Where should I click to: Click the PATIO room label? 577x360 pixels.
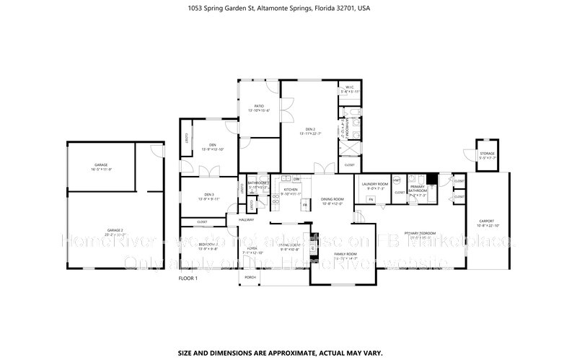(x=258, y=106)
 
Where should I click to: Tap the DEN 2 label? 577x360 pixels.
(x=309, y=129)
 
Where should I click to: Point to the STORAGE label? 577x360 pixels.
(x=488, y=153)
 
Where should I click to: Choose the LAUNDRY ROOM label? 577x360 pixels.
(x=375, y=184)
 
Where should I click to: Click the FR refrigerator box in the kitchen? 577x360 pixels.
(x=305, y=205)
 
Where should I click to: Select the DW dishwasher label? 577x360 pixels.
(x=286, y=178)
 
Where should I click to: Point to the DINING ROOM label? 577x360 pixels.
(x=332, y=199)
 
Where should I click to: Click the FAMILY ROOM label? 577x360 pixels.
(x=345, y=255)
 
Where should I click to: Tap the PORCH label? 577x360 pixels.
(x=250, y=277)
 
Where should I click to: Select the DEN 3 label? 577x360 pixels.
(x=209, y=194)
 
